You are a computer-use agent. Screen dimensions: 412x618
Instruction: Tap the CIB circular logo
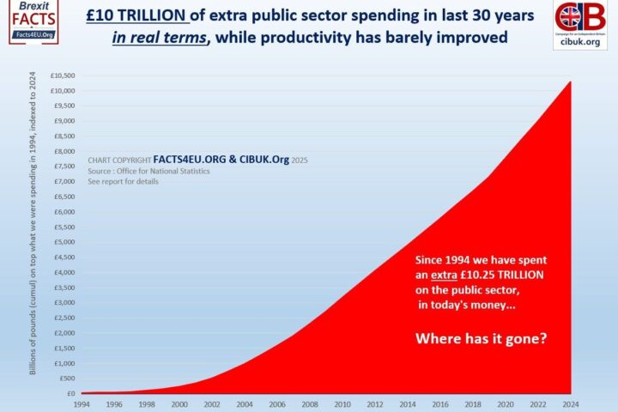tap(579, 18)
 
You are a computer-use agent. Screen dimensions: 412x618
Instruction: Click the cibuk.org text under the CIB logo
tap(579, 40)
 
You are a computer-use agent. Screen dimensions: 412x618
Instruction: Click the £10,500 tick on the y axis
tap(65, 76)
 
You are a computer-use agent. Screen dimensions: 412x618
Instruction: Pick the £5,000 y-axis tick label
tap(67, 242)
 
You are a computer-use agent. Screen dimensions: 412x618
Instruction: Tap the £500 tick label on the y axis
tap(69, 379)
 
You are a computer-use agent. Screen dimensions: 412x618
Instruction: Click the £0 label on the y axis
tap(72, 394)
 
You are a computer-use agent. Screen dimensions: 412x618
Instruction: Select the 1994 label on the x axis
tap(82, 403)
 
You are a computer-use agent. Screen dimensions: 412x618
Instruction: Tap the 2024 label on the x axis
tap(569, 403)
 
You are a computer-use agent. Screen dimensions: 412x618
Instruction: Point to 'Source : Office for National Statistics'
tap(148, 171)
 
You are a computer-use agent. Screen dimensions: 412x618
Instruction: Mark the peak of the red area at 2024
tap(569, 82)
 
